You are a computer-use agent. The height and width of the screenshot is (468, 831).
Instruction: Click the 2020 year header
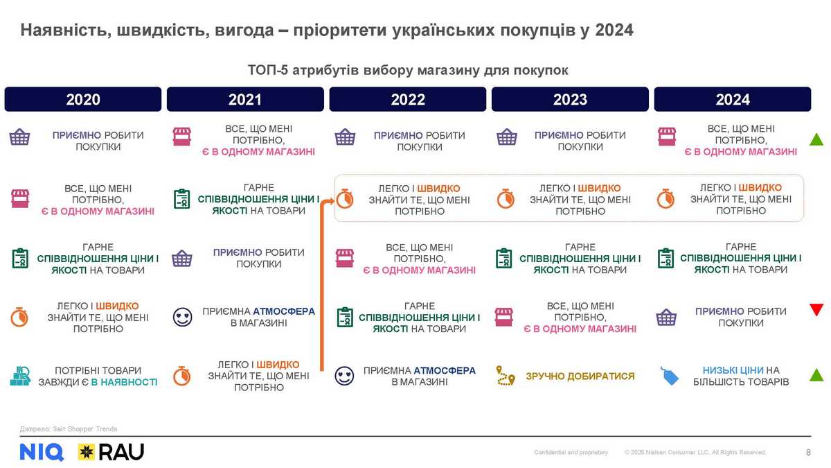click(83, 99)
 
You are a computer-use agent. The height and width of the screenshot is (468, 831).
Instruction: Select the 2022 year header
click(408, 99)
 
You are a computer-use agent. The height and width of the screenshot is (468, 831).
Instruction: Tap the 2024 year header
click(733, 99)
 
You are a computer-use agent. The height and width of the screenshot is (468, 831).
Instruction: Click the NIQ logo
click(42, 452)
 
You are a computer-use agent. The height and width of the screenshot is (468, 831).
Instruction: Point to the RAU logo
click(111, 452)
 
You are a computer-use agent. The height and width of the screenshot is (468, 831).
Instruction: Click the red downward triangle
click(816, 309)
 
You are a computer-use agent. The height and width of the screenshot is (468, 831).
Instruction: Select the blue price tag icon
click(669, 376)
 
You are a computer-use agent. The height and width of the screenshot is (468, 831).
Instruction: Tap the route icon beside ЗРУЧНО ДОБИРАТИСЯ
click(506, 376)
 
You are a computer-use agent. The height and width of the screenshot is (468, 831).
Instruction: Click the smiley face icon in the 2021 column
click(183, 318)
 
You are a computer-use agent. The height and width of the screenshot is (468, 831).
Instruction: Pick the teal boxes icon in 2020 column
click(20, 376)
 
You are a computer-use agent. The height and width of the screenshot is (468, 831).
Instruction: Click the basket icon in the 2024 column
click(666, 318)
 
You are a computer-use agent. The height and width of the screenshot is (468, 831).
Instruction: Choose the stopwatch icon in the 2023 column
click(506, 199)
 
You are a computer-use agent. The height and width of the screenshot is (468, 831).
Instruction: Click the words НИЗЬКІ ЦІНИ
click(733, 370)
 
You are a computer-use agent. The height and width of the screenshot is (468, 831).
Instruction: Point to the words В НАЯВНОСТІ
click(124, 382)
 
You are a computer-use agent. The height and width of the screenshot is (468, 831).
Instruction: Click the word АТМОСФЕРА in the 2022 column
click(445, 371)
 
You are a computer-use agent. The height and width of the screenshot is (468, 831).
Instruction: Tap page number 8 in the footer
click(808, 452)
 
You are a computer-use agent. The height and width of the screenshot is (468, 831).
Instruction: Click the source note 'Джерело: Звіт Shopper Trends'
click(69, 429)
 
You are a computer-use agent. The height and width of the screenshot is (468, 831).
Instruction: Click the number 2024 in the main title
click(614, 31)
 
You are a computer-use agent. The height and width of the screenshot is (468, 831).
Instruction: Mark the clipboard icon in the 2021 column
click(181, 199)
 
